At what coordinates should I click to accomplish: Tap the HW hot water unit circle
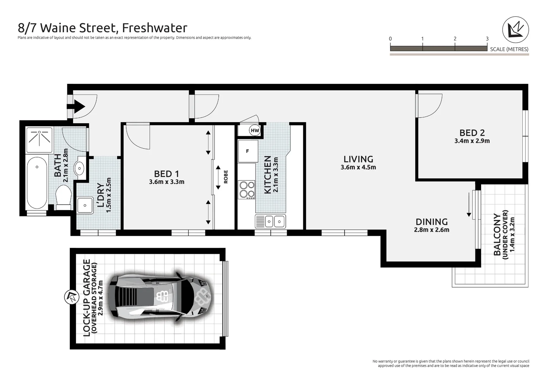click(255, 130)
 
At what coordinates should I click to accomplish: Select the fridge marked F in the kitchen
click(247, 151)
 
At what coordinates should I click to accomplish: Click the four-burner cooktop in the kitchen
click(247, 190)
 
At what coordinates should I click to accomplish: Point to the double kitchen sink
click(270, 221)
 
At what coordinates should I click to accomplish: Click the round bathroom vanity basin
click(79, 168)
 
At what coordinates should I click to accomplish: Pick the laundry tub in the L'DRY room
click(85, 206)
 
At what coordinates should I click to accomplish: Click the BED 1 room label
click(166, 174)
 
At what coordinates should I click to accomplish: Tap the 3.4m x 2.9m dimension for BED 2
click(472, 141)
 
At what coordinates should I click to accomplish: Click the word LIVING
click(358, 159)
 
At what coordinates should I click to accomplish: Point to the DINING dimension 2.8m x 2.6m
click(431, 230)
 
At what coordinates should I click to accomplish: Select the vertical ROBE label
click(226, 177)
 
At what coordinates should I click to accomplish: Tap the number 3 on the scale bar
click(487, 39)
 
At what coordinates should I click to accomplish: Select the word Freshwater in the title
click(155, 28)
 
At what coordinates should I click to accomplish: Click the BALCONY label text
click(497, 235)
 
